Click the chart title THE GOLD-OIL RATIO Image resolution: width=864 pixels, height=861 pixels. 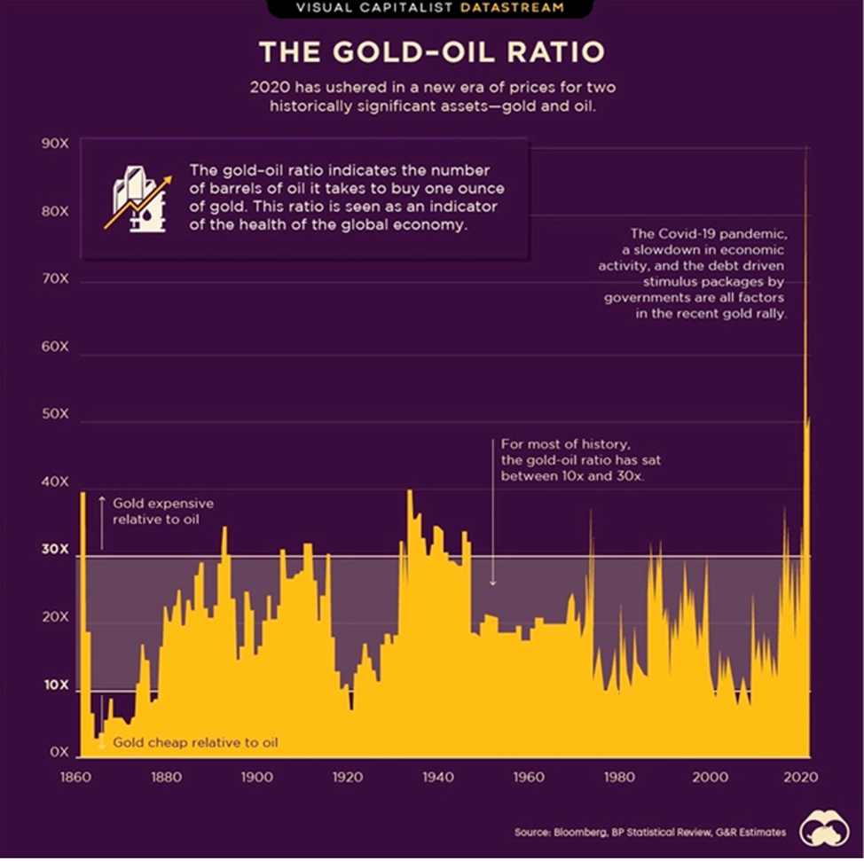click(432, 52)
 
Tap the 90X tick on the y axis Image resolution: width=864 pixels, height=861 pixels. click(54, 143)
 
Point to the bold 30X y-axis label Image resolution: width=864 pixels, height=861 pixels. click(54, 550)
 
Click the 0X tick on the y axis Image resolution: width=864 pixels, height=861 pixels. click(59, 753)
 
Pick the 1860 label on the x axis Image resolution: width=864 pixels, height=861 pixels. click(71, 778)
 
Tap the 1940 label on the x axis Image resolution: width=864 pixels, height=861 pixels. click(437, 778)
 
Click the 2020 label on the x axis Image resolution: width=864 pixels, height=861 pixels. click(803, 778)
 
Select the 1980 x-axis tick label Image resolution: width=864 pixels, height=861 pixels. click(620, 778)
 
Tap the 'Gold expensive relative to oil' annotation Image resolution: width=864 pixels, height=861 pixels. click(162, 511)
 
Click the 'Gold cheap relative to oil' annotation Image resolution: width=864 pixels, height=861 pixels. click(194, 742)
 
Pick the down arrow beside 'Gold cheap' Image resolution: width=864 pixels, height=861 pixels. click(101, 739)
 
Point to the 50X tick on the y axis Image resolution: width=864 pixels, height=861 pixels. click(54, 415)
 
